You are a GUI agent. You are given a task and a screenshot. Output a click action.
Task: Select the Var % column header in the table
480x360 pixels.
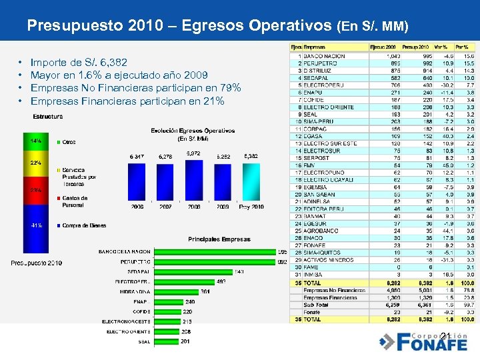439,47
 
